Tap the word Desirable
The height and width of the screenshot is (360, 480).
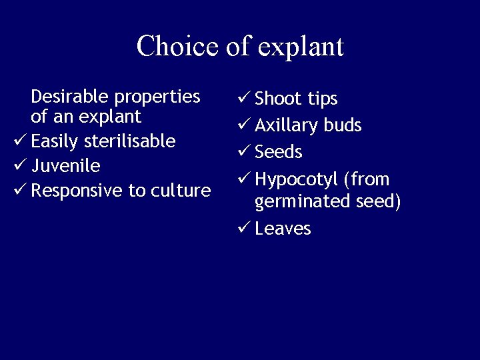pos(71,97)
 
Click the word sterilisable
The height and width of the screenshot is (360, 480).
pos(130,141)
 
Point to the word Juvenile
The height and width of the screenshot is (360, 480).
pos(65,166)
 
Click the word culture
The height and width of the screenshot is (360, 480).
pos(181,191)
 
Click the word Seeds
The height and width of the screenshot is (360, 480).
pos(279,152)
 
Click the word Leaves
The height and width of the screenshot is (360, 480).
pos(283,229)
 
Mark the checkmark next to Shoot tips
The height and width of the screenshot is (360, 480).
pos(243,98)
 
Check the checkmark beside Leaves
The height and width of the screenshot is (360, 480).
pos(243,228)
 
